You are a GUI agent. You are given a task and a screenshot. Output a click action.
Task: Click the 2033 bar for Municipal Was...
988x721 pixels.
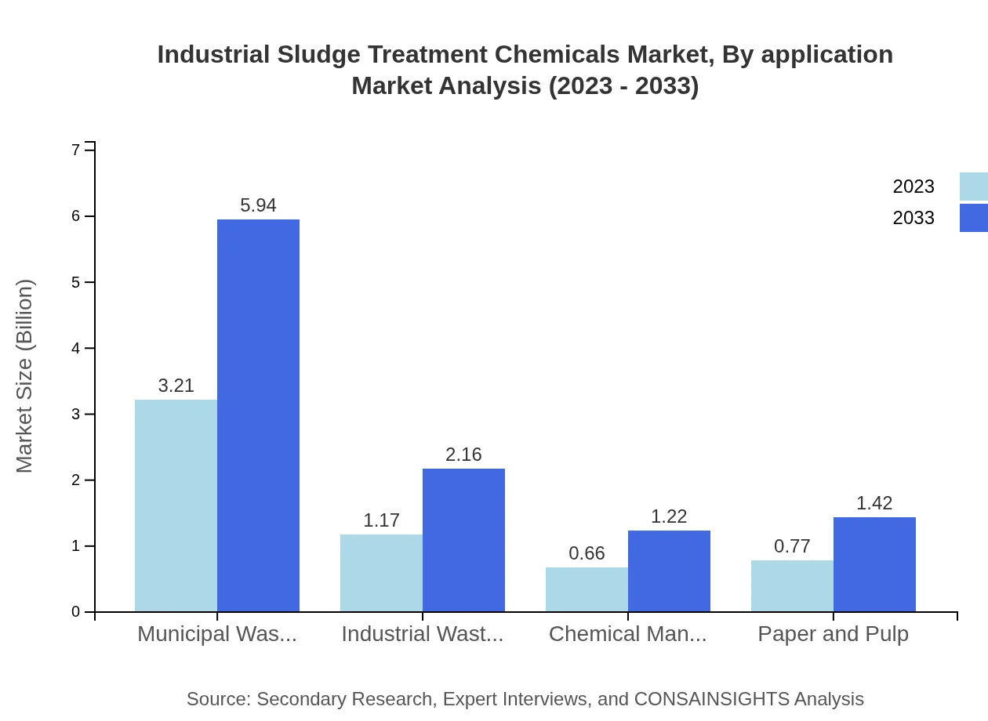[258, 415]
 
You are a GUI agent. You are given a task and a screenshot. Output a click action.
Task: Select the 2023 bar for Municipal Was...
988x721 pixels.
[176, 505]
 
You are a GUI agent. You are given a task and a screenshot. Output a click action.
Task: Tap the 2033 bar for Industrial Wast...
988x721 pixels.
[463, 540]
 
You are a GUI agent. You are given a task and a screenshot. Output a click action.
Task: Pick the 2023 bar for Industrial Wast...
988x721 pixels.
[381, 573]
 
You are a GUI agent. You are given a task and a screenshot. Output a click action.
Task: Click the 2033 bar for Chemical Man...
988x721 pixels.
[669, 571]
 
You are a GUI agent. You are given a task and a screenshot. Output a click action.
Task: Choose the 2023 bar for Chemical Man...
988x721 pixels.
[587, 589]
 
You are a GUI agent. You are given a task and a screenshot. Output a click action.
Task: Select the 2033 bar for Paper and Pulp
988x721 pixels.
[874, 564]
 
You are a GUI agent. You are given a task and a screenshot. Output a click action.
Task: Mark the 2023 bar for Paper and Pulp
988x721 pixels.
[792, 585]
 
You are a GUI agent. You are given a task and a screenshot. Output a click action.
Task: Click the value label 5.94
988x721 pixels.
[258, 205]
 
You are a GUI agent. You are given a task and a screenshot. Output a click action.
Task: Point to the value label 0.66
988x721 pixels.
[587, 553]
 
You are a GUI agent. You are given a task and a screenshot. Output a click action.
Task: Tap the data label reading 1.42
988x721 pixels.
[874, 503]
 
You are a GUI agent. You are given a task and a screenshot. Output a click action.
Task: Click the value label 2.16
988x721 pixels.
[463, 455]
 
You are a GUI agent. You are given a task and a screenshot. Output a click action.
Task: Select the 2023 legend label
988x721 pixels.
[914, 187]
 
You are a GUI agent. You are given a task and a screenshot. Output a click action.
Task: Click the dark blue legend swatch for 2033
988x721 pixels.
[973, 218]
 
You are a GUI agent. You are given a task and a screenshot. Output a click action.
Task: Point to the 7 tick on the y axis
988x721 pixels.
[76, 150]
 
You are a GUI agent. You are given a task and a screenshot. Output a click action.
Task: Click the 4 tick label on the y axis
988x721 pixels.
[76, 348]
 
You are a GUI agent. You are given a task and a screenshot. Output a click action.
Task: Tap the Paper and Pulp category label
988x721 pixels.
[833, 634]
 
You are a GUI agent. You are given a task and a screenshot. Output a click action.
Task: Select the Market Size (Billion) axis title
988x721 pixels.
[25, 376]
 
